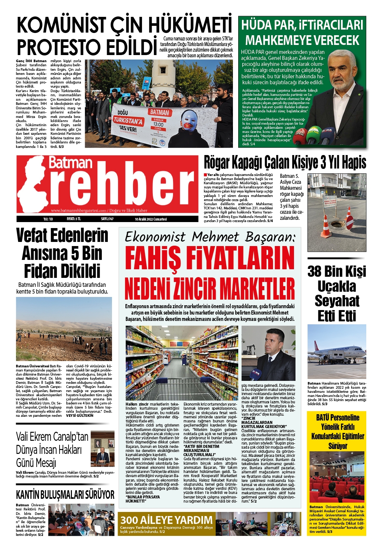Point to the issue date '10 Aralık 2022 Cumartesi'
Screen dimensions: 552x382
click(x=151, y=219)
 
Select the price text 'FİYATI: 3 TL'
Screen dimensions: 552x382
click(x=74, y=219)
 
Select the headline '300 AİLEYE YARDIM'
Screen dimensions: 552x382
click(x=166, y=520)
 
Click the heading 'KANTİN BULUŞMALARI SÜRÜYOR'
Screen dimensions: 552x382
click(x=65, y=495)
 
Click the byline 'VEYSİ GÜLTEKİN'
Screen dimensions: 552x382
click(x=79, y=415)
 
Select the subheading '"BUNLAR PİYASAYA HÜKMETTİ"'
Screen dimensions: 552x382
click(x=142, y=499)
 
